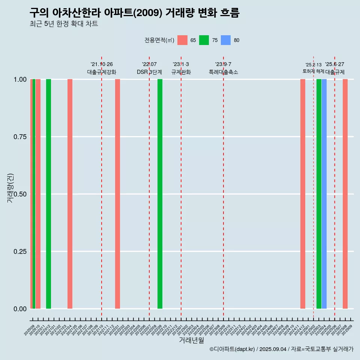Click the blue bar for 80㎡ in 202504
click(x=324, y=194)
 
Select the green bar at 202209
click(x=160, y=194)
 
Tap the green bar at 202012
click(x=48, y=194)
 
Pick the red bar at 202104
click(x=70, y=194)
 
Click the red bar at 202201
click(x=117, y=194)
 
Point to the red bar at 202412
click(x=303, y=194)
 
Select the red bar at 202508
click(x=345, y=194)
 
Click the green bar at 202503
click(x=319, y=194)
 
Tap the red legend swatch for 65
click(x=182, y=40)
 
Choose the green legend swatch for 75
click(x=204, y=40)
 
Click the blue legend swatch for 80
click(x=226, y=40)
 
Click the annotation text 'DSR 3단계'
click(x=149, y=72)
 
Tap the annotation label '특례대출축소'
click(x=223, y=72)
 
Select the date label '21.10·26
click(x=102, y=64)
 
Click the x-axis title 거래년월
click(x=192, y=340)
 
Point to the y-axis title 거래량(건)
click(x=10, y=187)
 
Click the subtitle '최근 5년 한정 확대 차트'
click(x=64, y=24)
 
